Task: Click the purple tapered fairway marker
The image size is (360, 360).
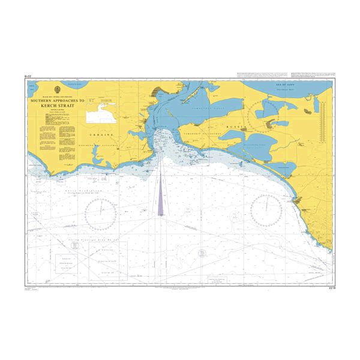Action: [x=161, y=195]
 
